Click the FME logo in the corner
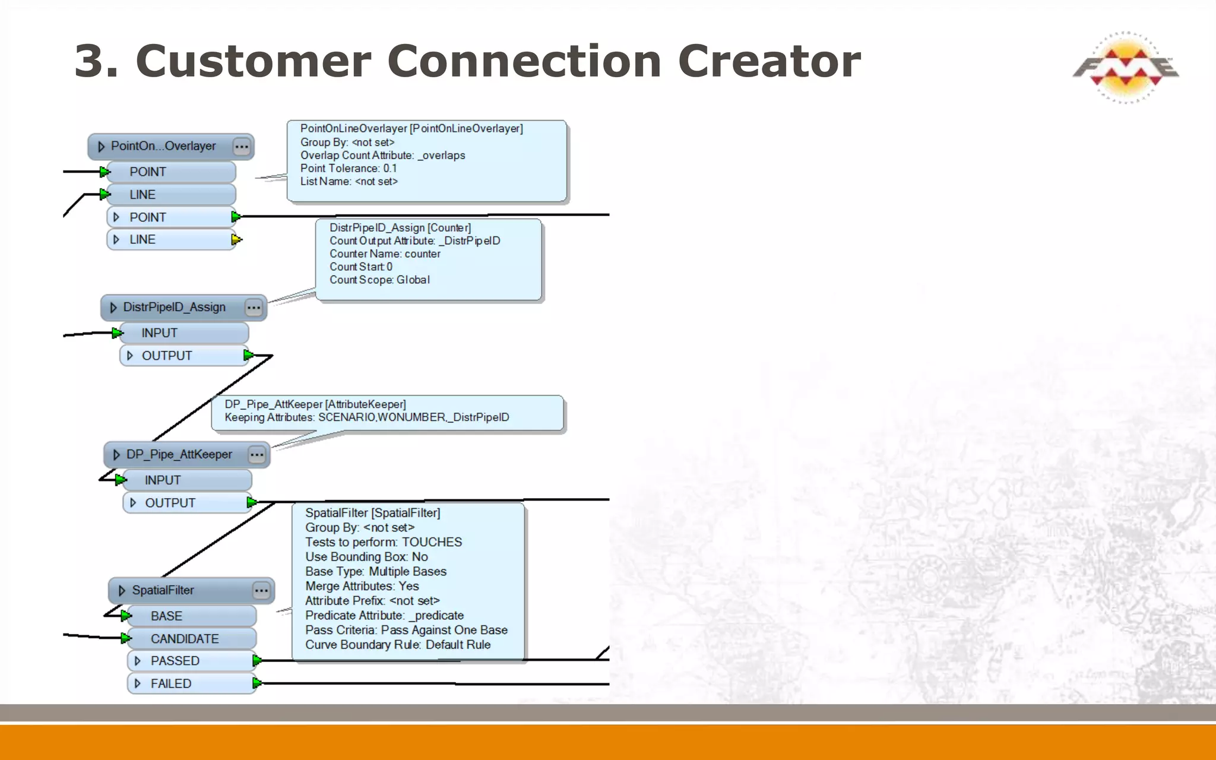[1125, 68]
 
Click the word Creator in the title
[769, 61]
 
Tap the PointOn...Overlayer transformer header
[163, 146]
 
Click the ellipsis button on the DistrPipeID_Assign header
[254, 308]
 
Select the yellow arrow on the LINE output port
[236, 240]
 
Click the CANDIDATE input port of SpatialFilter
[184, 639]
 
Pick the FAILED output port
[171, 683]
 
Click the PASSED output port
[175, 661]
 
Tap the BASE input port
[166, 616]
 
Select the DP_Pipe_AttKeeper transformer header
[179, 455]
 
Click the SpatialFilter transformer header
[163, 590]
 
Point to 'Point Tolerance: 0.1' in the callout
[349, 169]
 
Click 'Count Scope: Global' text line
[379, 280]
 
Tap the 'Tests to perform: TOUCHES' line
[384, 542]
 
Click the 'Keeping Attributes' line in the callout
[366, 417]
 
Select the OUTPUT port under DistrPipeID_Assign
[167, 356]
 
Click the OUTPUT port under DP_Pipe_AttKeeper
[170, 503]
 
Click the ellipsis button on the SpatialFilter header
[261, 590]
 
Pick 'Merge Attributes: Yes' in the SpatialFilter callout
[362, 586]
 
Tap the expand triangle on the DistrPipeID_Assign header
[113, 308]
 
